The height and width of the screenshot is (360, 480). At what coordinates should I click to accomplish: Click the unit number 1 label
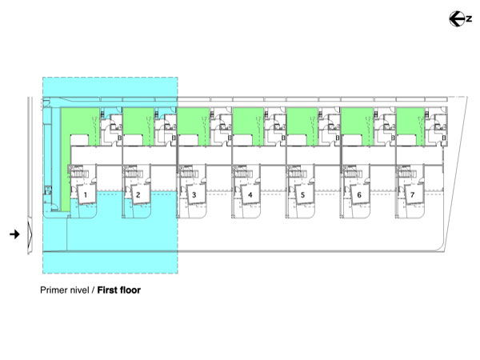pos(86,194)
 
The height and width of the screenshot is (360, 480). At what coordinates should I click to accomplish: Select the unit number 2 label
pos(138,194)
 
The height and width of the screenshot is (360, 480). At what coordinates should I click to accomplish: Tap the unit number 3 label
pos(194,194)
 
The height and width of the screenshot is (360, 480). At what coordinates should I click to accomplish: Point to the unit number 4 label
pos(250,194)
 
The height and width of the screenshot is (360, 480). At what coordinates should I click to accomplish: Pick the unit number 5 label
pos(303,194)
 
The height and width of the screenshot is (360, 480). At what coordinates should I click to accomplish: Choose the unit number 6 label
pos(358,194)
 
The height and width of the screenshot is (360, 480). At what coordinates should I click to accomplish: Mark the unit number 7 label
pos(412,194)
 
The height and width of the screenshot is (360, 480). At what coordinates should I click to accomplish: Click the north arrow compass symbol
pos(460,18)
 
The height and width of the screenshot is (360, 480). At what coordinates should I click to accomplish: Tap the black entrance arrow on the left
pos(14,234)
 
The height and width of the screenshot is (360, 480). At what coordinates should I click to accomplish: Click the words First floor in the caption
pos(118,290)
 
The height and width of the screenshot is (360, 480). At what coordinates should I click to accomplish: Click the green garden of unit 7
pos(409,125)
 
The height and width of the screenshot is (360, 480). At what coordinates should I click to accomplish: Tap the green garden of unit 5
pos(300,125)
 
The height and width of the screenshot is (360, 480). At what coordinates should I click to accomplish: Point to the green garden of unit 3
pos(192,125)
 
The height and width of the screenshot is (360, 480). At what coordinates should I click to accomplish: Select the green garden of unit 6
pos(354,125)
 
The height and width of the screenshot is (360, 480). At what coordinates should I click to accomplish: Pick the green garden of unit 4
pos(246,125)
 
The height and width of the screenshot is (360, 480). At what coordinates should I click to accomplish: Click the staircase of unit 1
pos(79,174)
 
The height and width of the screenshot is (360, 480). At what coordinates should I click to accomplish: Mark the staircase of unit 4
pos(242,174)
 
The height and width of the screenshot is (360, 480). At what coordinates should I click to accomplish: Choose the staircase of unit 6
pos(350,174)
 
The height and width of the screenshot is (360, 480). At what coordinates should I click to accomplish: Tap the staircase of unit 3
pos(187,174)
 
